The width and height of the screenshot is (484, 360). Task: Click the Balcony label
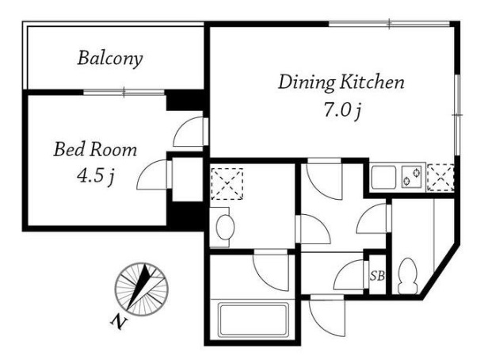[110, 59]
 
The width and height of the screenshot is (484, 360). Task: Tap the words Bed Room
[95, 150]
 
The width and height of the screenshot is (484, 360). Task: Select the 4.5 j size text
[96, 177]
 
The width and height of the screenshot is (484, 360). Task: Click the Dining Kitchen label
[341, 82]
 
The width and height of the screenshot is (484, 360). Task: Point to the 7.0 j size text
[342, 110]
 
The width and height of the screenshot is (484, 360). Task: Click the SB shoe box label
[377, 276]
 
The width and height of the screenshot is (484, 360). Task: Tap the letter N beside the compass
[119, 322]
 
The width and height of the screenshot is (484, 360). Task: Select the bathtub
[253, 320]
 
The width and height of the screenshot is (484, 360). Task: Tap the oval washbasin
[225, 227]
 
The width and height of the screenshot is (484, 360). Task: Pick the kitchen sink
[383, 177]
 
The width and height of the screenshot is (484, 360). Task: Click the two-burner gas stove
[412, 177]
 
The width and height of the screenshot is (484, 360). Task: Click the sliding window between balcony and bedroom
[124, 92]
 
